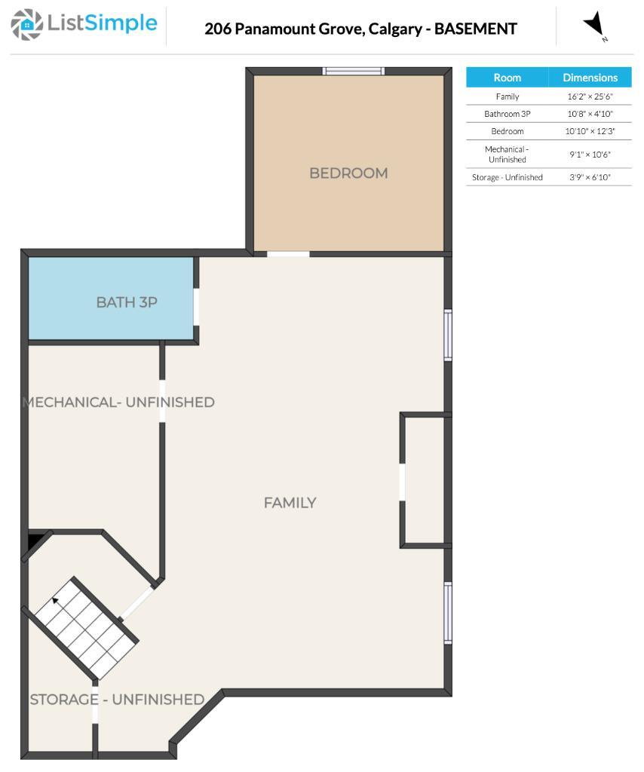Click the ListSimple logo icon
(x=26, y=24)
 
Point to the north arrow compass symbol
(x=595, y=25)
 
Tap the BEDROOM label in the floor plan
(x=348, y=173)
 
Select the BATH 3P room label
(x=127, y=302)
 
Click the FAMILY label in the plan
(x=290, y=503)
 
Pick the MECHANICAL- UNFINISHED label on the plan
(x=118, y=403)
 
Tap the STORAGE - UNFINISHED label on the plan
(x=117, y=700)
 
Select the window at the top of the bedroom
(x=354, y=72)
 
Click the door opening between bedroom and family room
(x=289, y=254)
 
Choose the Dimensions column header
(x=590, y=78)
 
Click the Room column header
(x=507, y=78)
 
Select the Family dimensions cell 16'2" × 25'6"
(x=590, y=96)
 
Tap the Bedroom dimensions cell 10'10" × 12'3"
(x=590, y=131)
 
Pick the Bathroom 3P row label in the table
(x=507, y=114)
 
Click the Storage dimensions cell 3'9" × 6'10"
(x=590, y=177)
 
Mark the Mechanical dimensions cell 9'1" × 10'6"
(x=590, y=155)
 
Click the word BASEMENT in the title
(x=476, y=29)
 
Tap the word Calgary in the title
(x=395, y=29)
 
